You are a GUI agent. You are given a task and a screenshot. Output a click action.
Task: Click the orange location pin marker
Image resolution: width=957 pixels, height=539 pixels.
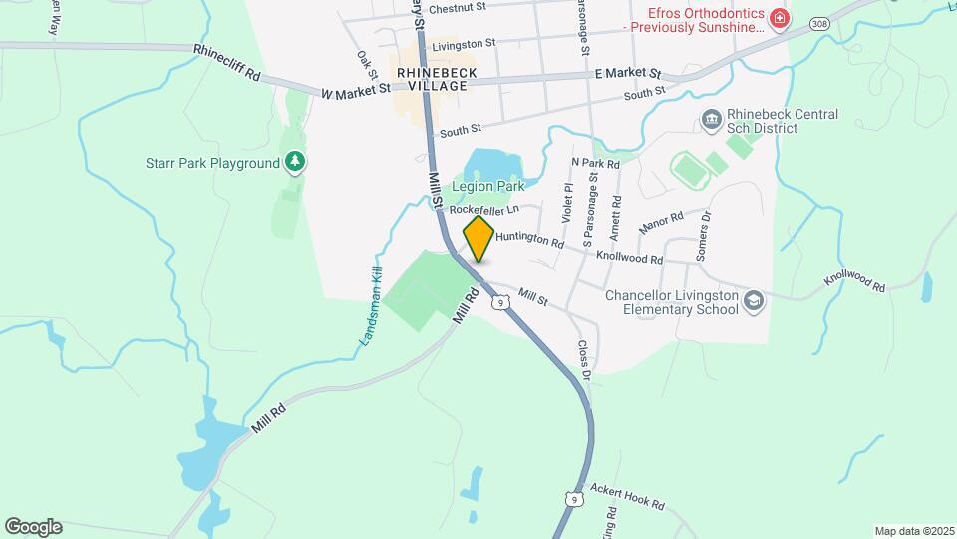point(479,239)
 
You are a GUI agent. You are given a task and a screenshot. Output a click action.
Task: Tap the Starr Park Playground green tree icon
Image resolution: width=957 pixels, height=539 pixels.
point(294,162)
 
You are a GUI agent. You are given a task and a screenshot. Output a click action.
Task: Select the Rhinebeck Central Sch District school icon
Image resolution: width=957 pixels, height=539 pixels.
point(712,121)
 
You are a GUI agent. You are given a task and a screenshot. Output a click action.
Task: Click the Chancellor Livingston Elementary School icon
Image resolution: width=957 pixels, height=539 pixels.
point(755,302)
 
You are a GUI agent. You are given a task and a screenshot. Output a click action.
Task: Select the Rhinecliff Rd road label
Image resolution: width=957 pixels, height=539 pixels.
point(227,62)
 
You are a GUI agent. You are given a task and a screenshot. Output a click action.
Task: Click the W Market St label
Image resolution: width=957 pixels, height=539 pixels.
point(356,91)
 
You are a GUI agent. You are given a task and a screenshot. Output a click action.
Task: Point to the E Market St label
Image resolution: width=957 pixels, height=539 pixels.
point(628,74)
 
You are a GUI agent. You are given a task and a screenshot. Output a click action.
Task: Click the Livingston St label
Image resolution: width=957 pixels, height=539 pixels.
point(464,44)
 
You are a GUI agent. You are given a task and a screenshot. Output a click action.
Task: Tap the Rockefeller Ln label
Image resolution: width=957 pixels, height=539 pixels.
point(484,210)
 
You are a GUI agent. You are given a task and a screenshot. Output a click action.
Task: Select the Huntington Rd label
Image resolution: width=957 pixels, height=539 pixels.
point(529,241)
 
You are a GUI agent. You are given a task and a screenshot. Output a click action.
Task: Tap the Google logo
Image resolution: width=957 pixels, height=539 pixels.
point(33,527)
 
